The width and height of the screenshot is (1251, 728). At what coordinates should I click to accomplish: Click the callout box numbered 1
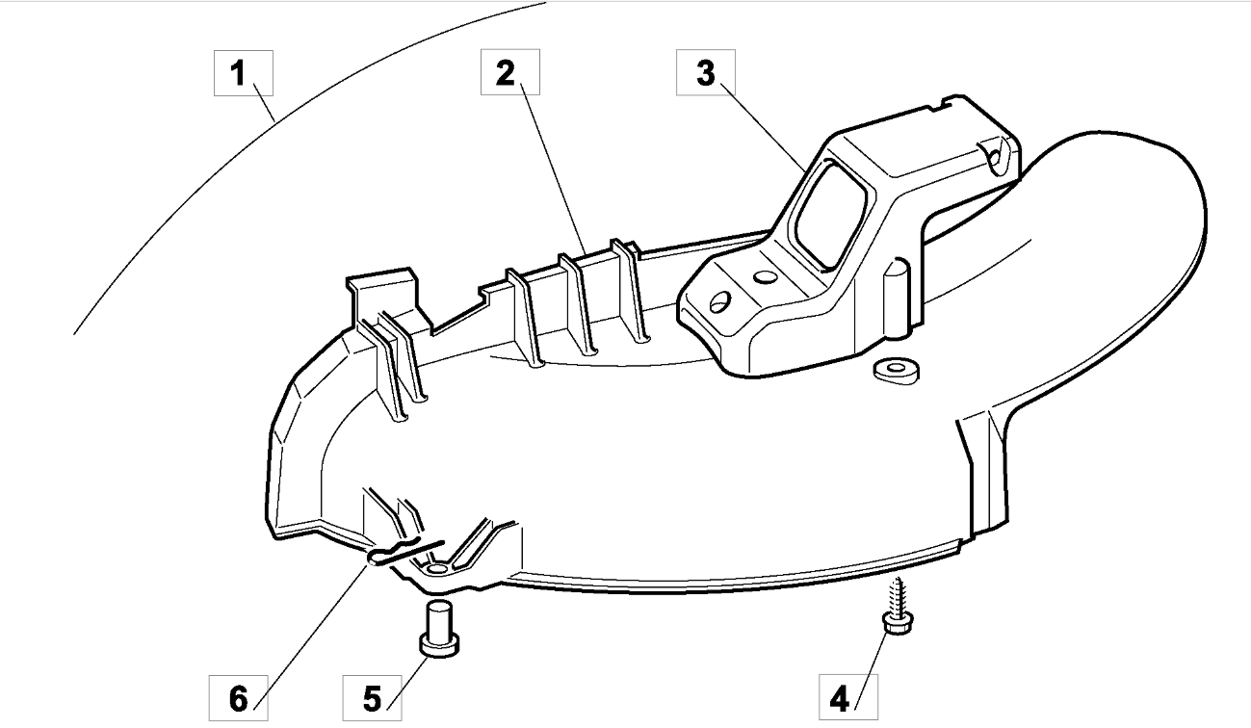(x=244, y=73)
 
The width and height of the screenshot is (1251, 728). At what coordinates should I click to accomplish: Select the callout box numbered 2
(x=510, y=72)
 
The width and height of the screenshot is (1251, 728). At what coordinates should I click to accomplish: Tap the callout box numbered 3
(x=706, y=72)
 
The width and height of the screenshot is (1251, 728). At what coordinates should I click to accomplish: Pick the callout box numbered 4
(x=848, y=697)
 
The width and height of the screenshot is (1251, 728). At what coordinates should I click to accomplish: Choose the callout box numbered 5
(x=372, y=698)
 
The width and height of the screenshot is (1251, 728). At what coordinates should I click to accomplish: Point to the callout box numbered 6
(x=239, y=698)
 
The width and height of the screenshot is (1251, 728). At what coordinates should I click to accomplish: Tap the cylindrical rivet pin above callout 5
(x=439, y=629)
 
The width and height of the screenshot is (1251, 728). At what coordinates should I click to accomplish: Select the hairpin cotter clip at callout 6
(x=404, y=553)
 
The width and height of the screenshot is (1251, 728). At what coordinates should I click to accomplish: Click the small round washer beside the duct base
(x=896, y=371)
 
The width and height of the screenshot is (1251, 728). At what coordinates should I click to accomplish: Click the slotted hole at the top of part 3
(x=996, y=152)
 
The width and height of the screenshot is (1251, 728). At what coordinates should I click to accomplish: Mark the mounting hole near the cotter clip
(x=436, y=569)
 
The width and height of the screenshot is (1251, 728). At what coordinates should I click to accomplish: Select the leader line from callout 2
(x=553, y=169)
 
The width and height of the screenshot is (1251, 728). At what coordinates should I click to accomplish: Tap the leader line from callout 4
(x=872, y=671)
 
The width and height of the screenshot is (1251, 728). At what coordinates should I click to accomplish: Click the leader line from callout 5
(x=407, y=684)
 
